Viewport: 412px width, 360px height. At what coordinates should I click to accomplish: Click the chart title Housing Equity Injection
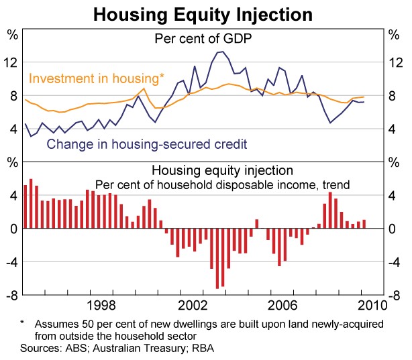pos(202,13)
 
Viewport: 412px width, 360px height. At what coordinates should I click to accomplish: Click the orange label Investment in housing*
pos(96,78)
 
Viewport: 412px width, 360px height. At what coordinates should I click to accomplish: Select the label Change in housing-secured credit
pos(147,143)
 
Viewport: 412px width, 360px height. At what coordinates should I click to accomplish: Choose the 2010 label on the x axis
pos(369,306)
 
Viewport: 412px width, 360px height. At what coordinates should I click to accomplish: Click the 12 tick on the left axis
pos(11,63)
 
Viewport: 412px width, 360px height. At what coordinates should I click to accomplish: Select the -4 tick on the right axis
pos(395,262)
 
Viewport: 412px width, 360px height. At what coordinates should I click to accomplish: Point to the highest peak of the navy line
pos(221,52)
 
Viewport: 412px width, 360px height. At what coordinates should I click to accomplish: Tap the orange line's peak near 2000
pos(144,88)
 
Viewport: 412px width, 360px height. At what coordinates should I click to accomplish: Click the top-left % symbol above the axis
pos(11,32)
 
